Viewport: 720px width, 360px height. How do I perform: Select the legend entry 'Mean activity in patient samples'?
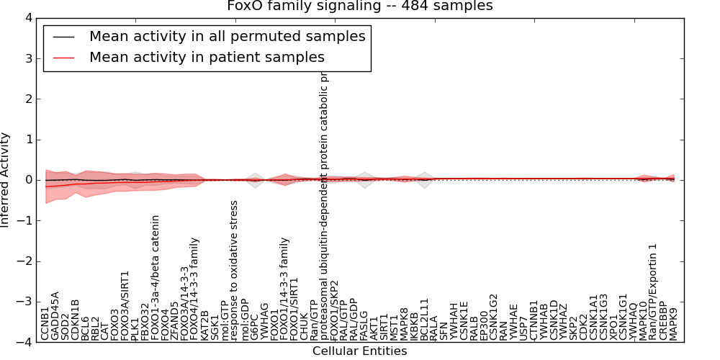(x=207, y=57)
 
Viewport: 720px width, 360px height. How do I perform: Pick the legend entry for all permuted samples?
(x=227, y=36)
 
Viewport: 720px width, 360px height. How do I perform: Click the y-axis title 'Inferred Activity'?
(x=6, y=180)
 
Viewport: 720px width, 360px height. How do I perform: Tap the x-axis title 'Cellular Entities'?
(x=359, y=351)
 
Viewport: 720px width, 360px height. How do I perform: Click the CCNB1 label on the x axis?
(x=45, y=323)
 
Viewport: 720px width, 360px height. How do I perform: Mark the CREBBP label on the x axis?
(x=663, y=320)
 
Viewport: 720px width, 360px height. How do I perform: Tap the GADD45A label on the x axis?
(x=55, y=315)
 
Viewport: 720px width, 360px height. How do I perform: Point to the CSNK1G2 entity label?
(x=493, y=317)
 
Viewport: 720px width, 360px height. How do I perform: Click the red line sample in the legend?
(x=63, y=57)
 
